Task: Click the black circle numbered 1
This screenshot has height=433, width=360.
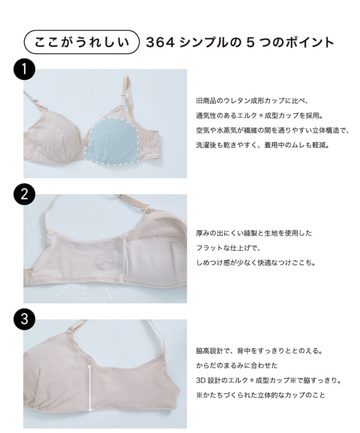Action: tap(24, 71)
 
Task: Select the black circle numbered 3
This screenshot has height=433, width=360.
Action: tap(24, 321)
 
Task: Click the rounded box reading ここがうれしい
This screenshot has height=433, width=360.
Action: tap(80, 42)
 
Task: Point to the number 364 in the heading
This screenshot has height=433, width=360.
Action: tap(160, 42)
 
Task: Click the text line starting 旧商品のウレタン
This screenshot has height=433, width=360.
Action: tap(252, 102)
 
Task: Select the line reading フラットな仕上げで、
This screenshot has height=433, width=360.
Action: tap(228, 247)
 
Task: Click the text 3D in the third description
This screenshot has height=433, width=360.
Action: tap(201, 380)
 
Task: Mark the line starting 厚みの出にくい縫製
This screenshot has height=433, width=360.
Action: tap(253, 233)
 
